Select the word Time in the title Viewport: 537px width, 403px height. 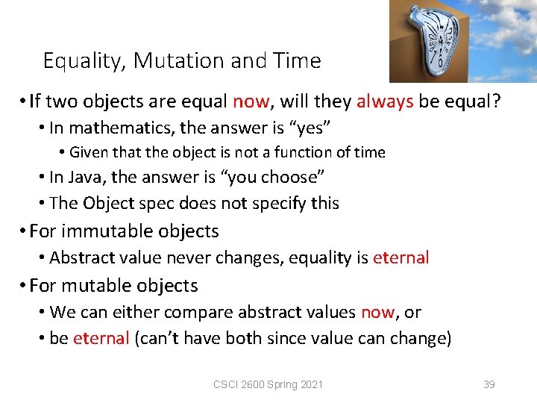(298, 60)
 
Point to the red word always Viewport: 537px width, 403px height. (385, 101)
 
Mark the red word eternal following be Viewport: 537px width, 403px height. (101, 338)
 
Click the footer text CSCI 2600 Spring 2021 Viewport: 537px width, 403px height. (268, 384)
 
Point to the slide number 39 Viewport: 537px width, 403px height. (489, 384)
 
